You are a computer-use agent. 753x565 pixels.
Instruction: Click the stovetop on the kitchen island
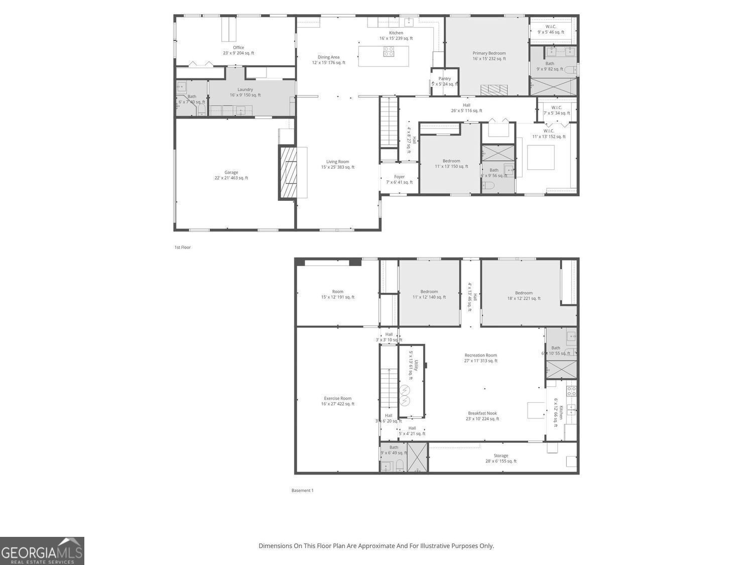pyautogui.click(x=389, y=51)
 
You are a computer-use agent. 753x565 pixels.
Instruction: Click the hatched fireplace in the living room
pyautogui.click(x=288, y=173)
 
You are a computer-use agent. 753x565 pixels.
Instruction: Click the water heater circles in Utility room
pyautogui.click(x=405, y=395)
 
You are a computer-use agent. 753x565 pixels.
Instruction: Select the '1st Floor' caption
pyautogui.click(x=182, y=247)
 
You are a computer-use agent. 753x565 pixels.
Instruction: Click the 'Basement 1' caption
pyautogui.click(x=302, y=490)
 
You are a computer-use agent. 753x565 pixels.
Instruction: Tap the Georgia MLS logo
pyautogui.click(x=42, y=551)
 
